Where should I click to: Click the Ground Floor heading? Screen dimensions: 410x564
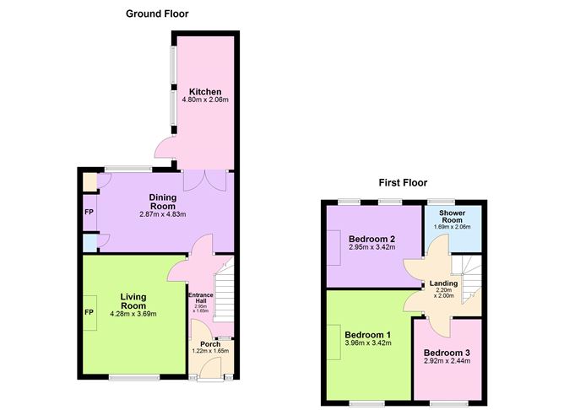pos(157,13)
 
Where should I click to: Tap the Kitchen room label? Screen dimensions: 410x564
pos(205,92)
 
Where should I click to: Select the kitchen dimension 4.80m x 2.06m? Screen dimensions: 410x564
pos(205,100)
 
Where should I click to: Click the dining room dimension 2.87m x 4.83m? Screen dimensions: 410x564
pos(163,214)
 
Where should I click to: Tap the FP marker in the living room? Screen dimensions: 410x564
pos(89,312)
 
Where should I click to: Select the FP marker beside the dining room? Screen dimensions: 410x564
pos(89,212)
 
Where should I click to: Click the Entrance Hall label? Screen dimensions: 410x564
pos(202,296)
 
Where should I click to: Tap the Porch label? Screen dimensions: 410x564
pos(209,343)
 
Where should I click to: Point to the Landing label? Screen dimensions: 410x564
pos(443,283)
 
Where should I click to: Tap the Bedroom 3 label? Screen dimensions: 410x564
pos(447,352)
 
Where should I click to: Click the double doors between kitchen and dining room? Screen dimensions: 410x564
pos(205,179)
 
